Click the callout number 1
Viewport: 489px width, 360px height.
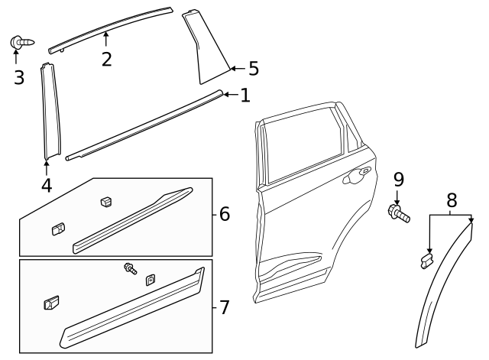pyautogui.click(x=244, y=96)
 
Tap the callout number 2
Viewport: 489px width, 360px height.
pyautogui.click(x=106, y=58)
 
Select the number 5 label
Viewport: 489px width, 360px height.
pyautogui.click(x=253, y=69)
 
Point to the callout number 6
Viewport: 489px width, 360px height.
pyautogui.click(x=224, y=214)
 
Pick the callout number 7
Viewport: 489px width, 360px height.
pyautogui.click(x=224, y=308)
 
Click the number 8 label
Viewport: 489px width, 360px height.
pyautogui.click(x=452, y=201)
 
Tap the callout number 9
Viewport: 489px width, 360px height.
pyautogui.click(x=398, y=180)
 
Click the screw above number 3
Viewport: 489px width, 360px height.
pyautogui.click(x=18, y=42)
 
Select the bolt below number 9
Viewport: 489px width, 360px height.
pyautogui.click(x=400, y=213)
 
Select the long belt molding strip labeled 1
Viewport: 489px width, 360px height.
pyautogui.click(x=145, y=125)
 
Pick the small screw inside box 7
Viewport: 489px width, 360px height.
pyautogui.click(x=130, y=268)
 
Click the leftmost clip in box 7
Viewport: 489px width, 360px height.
pyautogui.click(x=50, y=303)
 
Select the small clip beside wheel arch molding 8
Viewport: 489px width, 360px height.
pyautogui.click(x=425, y=262)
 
